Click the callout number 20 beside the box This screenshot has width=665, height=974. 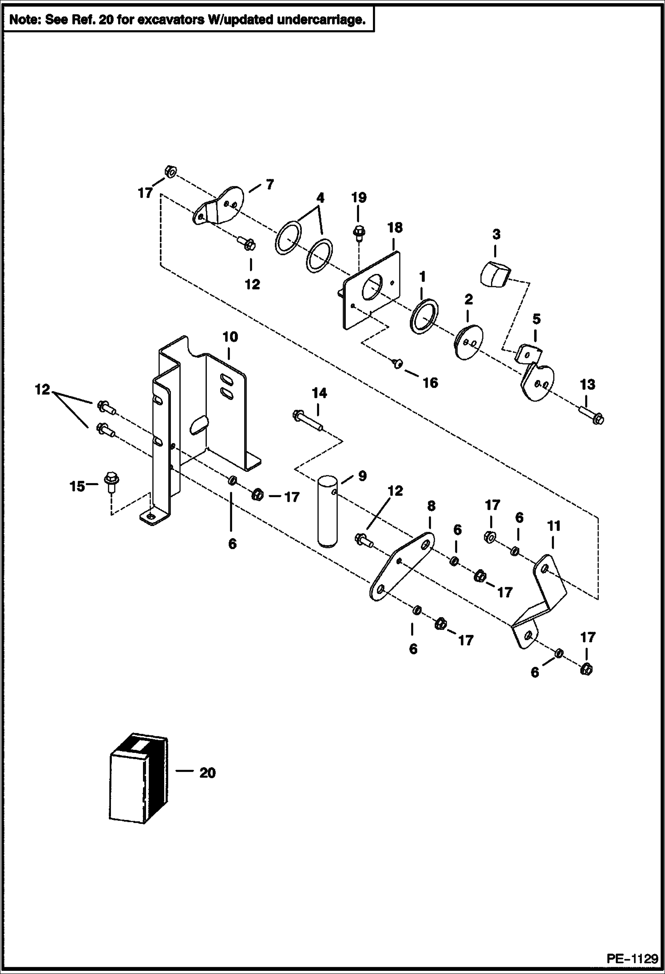click(x=207, y=773)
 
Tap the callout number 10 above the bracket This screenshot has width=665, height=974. click(x=230, y=337)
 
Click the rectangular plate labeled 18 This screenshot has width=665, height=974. click(x=372, y=291)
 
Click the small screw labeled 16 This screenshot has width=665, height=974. click(x=398, y=364)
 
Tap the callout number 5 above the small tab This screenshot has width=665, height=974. click(x=536, y=319)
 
